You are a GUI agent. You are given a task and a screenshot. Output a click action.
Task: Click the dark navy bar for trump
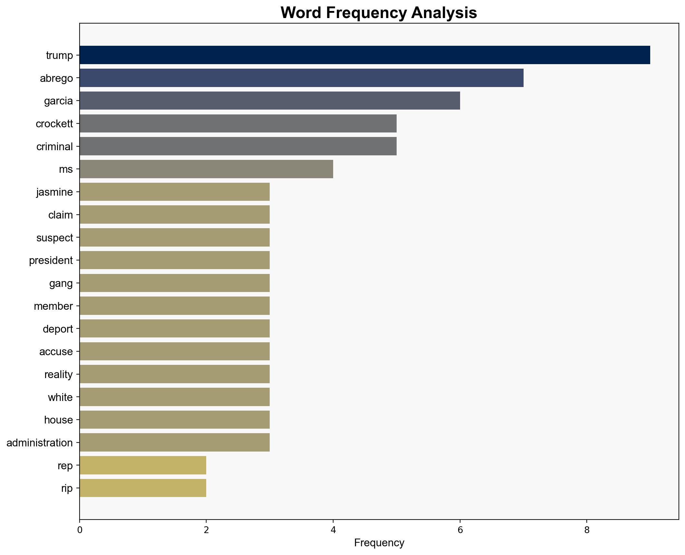(x=365, y=55)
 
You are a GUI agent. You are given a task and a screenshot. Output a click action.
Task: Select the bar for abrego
(x=301, y=78)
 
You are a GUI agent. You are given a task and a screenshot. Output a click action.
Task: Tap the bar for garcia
(x=270, y=101)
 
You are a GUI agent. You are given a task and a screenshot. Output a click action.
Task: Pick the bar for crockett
(x=238, y=123)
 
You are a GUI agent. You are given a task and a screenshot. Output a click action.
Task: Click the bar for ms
(x=206, y=169)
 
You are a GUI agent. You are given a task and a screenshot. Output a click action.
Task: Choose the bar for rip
(x=143, y=488)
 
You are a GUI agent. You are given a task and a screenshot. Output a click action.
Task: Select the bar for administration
(x=175, y=443)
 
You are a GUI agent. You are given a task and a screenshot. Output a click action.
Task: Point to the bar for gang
(x=175, y=283)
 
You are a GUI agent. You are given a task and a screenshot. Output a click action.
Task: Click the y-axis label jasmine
(x=54, y=192)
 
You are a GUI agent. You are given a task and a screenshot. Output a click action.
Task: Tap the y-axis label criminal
(x=54, y=147)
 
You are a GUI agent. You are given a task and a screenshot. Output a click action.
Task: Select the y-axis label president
(x=51, y=260)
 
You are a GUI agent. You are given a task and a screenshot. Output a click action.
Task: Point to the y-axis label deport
(x=58, y=329)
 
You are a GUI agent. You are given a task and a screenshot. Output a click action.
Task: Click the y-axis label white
(x=60, y=397)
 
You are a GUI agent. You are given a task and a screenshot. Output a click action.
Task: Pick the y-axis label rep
(x=65, y=466)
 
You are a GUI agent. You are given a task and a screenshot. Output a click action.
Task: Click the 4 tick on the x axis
(x=333, y=530)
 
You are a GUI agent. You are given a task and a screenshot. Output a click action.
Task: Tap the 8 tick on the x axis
(x=587, y=530)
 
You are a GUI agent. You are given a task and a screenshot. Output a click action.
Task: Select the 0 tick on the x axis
(x=80, y=530)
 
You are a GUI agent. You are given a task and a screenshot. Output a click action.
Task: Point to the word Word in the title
(x=301, y=13)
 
